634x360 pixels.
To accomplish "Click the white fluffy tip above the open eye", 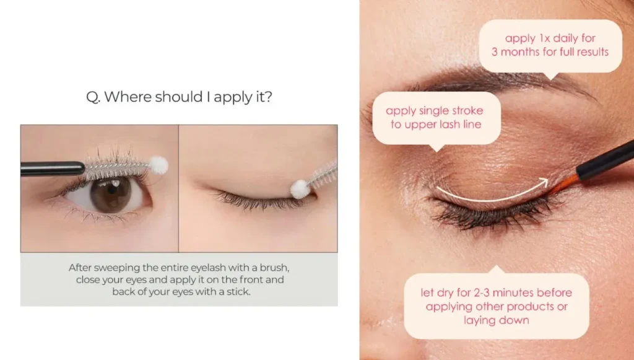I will [159, 164].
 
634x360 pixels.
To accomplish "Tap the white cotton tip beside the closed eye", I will [300, 189].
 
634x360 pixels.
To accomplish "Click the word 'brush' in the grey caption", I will [274, 268].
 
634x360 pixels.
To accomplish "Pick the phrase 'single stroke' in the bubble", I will [449, 111].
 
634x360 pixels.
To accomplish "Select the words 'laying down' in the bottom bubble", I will [496, 320].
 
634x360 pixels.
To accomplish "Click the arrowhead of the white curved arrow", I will [544, 182].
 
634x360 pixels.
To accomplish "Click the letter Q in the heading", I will [92, 97].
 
